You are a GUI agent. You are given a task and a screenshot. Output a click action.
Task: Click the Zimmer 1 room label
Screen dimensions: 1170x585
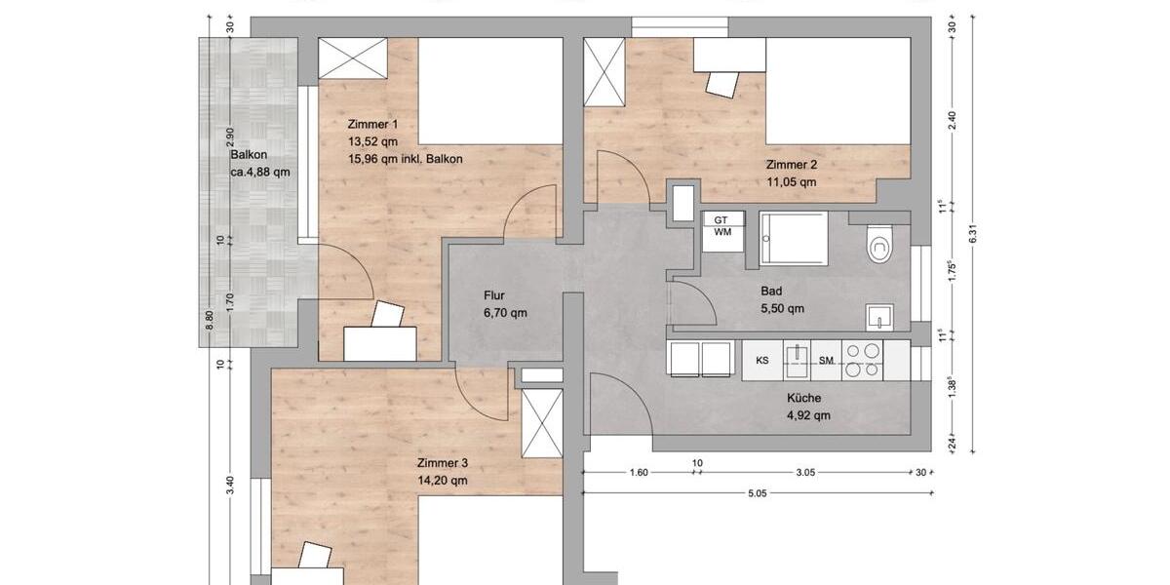(372, 125)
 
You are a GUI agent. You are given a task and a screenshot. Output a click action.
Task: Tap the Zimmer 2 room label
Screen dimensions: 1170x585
(791, 165)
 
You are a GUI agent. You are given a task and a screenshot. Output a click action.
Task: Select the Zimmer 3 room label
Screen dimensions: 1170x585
(442, 463)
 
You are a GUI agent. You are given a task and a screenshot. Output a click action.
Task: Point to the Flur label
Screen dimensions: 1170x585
(493, 295)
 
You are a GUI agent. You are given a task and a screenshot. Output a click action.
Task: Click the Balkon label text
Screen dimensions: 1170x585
(249, 155)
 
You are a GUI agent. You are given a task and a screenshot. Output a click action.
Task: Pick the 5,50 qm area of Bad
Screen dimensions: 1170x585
(782, 309)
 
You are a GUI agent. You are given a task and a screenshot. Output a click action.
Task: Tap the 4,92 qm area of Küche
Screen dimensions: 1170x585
(808, 415)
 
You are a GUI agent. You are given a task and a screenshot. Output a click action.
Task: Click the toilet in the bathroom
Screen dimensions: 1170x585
(880, 244)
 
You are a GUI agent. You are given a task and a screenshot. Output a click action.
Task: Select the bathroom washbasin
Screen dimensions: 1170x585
(879, 318)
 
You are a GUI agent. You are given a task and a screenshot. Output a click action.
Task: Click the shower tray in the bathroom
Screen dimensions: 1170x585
(794, 239)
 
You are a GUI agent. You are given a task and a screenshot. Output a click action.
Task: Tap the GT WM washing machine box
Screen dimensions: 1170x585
(722, 231)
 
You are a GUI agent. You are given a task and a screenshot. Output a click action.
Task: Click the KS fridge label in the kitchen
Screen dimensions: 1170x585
(762, 361)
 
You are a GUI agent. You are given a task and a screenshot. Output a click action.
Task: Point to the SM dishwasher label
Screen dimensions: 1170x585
(826, 361)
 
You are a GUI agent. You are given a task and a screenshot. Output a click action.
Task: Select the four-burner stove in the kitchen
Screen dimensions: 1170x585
(862, 361)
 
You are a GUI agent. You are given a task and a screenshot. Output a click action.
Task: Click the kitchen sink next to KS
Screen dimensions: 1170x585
(797, 361)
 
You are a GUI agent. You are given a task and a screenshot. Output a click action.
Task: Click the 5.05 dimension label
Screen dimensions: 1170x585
(757, 493)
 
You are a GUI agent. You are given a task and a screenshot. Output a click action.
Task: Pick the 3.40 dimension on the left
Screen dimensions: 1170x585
(230, 485)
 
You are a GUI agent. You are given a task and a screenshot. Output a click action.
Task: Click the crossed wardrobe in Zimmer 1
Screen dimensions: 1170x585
(353, 58)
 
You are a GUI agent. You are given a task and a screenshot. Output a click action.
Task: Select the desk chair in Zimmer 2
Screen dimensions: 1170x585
(722, 84)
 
